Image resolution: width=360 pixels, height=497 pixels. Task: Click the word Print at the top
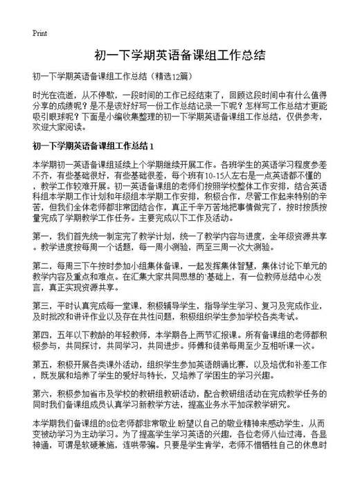coord(39,33)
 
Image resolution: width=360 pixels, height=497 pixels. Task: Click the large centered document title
coord(180,54)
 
